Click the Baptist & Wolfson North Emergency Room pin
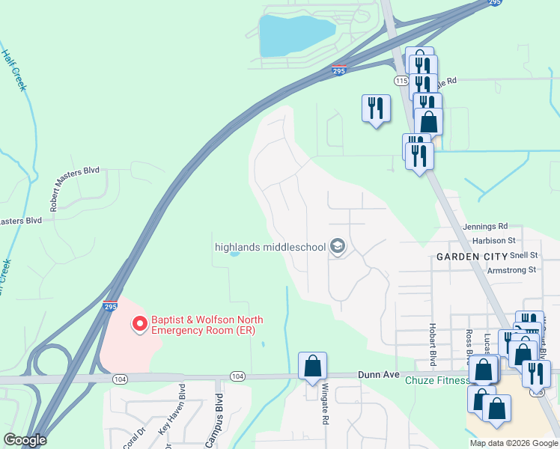pos(139,324)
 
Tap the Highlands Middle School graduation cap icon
pos(338,246)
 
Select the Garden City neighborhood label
pos(472,257)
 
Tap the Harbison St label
pos(494,241)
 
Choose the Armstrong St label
pos(512,269)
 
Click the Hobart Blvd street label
pos(433,340)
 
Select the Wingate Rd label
pos(326,405)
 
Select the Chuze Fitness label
pos(436,380)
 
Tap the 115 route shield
pos(401,79)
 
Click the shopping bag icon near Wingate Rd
pos(312,367)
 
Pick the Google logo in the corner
pos(24,440)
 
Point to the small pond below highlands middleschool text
pos(234,254)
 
